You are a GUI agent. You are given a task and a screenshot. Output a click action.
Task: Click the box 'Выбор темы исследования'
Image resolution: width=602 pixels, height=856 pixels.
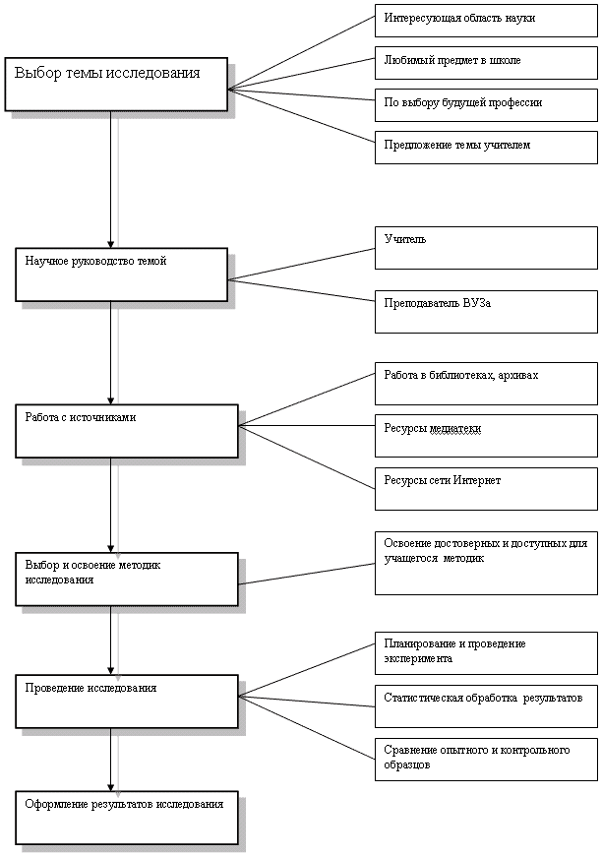click(116, 84)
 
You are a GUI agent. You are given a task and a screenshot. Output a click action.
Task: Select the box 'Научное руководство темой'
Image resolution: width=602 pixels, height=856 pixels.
click(121, 275)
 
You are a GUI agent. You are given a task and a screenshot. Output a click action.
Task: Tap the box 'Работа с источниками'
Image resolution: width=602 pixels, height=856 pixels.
click(127, 431)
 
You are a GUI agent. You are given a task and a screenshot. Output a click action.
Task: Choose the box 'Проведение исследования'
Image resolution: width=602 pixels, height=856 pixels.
click(127, 701)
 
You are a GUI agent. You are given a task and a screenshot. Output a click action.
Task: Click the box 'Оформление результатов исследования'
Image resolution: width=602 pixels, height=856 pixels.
click(127, 818)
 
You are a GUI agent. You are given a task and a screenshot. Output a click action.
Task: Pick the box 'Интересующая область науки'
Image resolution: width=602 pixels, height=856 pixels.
click(486, 21)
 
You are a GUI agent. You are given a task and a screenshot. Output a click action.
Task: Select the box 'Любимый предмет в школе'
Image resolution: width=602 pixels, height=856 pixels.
click(486, 63)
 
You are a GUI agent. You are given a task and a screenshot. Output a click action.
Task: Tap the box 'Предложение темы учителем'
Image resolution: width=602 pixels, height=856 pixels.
click(486, 148)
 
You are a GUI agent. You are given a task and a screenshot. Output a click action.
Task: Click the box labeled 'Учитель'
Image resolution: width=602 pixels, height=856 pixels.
click(486, 248)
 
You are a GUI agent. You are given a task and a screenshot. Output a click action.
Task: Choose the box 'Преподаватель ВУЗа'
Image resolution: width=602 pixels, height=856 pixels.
click(486, 312)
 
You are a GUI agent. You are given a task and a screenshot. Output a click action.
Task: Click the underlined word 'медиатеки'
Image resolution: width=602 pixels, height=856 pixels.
click(455, 429)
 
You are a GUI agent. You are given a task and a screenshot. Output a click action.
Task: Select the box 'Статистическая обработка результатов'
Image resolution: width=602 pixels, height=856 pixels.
click(486, 706)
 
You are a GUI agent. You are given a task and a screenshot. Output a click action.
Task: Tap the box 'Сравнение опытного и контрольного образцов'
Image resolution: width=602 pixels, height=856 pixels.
click(486, 760)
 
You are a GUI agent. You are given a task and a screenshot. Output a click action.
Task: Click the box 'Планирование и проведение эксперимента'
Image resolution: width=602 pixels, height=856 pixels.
click(486, 653)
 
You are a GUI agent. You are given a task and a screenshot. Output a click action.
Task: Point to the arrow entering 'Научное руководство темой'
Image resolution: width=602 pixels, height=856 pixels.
click(111, 180)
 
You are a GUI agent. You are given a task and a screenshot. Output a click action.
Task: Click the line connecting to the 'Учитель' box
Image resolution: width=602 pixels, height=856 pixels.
click(301, 265)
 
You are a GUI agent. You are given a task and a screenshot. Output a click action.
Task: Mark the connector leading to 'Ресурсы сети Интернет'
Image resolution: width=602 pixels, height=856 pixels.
click(307, 457)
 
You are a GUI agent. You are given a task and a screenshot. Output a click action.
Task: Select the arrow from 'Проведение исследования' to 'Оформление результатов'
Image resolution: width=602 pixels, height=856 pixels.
click(111, 760)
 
